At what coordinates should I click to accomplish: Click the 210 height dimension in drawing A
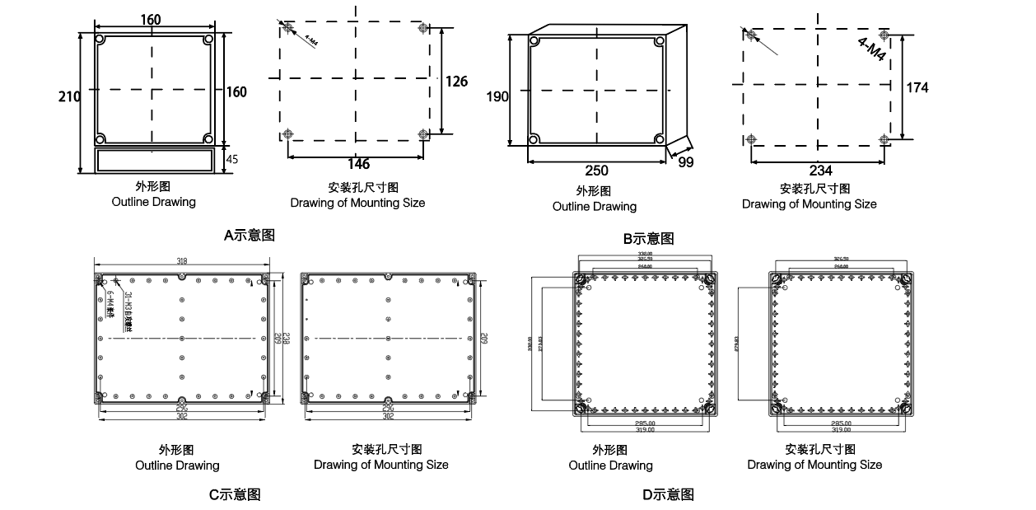pos(69,96)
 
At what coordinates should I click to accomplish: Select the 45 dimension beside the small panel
pos(231,160)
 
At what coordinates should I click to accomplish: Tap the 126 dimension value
pos(456,82)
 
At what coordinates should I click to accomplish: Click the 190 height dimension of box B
pos(497,96)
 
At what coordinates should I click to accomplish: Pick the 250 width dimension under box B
pos(596,171)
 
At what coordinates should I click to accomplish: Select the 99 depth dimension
pos(686,163)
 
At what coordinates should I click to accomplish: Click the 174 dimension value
pos(917,87)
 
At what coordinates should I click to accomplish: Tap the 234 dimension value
pos(820,171)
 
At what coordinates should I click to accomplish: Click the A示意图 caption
pos(250,235)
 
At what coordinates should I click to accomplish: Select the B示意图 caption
pos(648,238)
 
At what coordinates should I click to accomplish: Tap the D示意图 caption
pos(668,494)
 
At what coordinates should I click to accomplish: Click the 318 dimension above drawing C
pos(182,261)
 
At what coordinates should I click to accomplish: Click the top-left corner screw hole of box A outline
pos(100,40)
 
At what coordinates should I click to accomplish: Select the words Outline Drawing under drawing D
pos(610,466)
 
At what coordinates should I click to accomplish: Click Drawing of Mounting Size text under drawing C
pos(380,465)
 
